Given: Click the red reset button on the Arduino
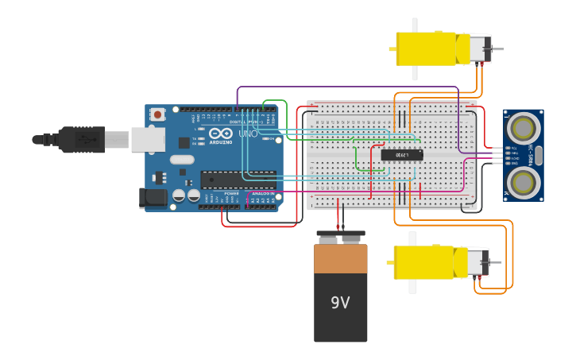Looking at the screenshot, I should pyautogui.click(x=157, y=114).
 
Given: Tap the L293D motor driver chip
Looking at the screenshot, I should pyautogui.click(x=401, y=155).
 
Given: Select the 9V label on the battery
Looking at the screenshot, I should pyautogui.click(x=340, y=303).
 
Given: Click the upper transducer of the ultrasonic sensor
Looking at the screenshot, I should pyautogui.click(x=523, y=127).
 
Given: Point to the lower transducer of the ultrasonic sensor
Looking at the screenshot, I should pyautogui.click(x=523, y=183).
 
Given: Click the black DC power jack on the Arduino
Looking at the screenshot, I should pyautogui.click(x=153, y=198).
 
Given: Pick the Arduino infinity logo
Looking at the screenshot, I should pyautogui.click(x=220, y=134).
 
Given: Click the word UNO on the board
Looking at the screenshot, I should pyautogui.click(x=248, y=134).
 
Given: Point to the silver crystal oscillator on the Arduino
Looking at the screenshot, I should pyautogui.click(x=181, y=160).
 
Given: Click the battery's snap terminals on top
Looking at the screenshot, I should pyautogui.click(x=340, y=236).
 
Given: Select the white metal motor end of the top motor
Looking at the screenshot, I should pyautogui.click(x=478, y=48).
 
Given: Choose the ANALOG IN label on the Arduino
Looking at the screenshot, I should pyautogui.click(x=264, y=193).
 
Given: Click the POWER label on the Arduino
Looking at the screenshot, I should pyautogui.click(x=231, y=193).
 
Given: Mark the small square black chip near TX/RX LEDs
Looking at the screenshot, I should pyautogui.click(x=184, y=143).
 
